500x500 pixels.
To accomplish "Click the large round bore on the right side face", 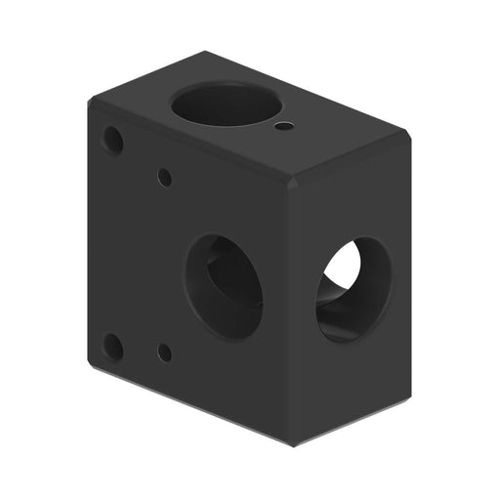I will (353, 287).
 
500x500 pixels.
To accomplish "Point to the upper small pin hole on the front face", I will (165, 178).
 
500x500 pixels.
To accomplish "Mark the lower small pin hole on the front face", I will (165, 353).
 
